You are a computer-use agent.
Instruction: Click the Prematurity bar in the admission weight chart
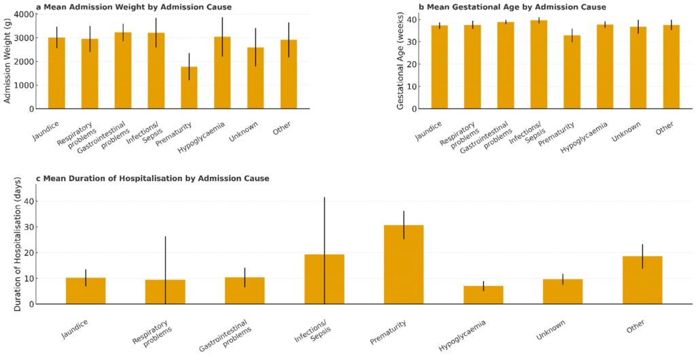[x=189, y=88]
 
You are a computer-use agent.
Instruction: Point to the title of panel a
[x=133, y=7]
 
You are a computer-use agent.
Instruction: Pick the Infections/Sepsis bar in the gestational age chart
[x=538, y=65]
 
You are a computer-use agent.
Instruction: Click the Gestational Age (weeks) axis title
[x=401, y=61]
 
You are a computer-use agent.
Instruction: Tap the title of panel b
[x=512, y=7]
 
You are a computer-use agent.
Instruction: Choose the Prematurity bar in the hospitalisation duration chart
[x=404, y=265]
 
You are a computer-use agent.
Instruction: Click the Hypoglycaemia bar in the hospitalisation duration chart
[x=483, y=295]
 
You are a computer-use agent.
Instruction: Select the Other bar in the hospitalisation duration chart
[x=642, y=280]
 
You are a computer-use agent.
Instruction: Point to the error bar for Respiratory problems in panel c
[x=165, y=259]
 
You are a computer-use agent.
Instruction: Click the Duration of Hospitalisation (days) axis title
[x=18, y=244]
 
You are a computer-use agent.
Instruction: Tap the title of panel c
[x=152, y=178]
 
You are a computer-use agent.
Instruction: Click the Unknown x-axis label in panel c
[x=551, y=331]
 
